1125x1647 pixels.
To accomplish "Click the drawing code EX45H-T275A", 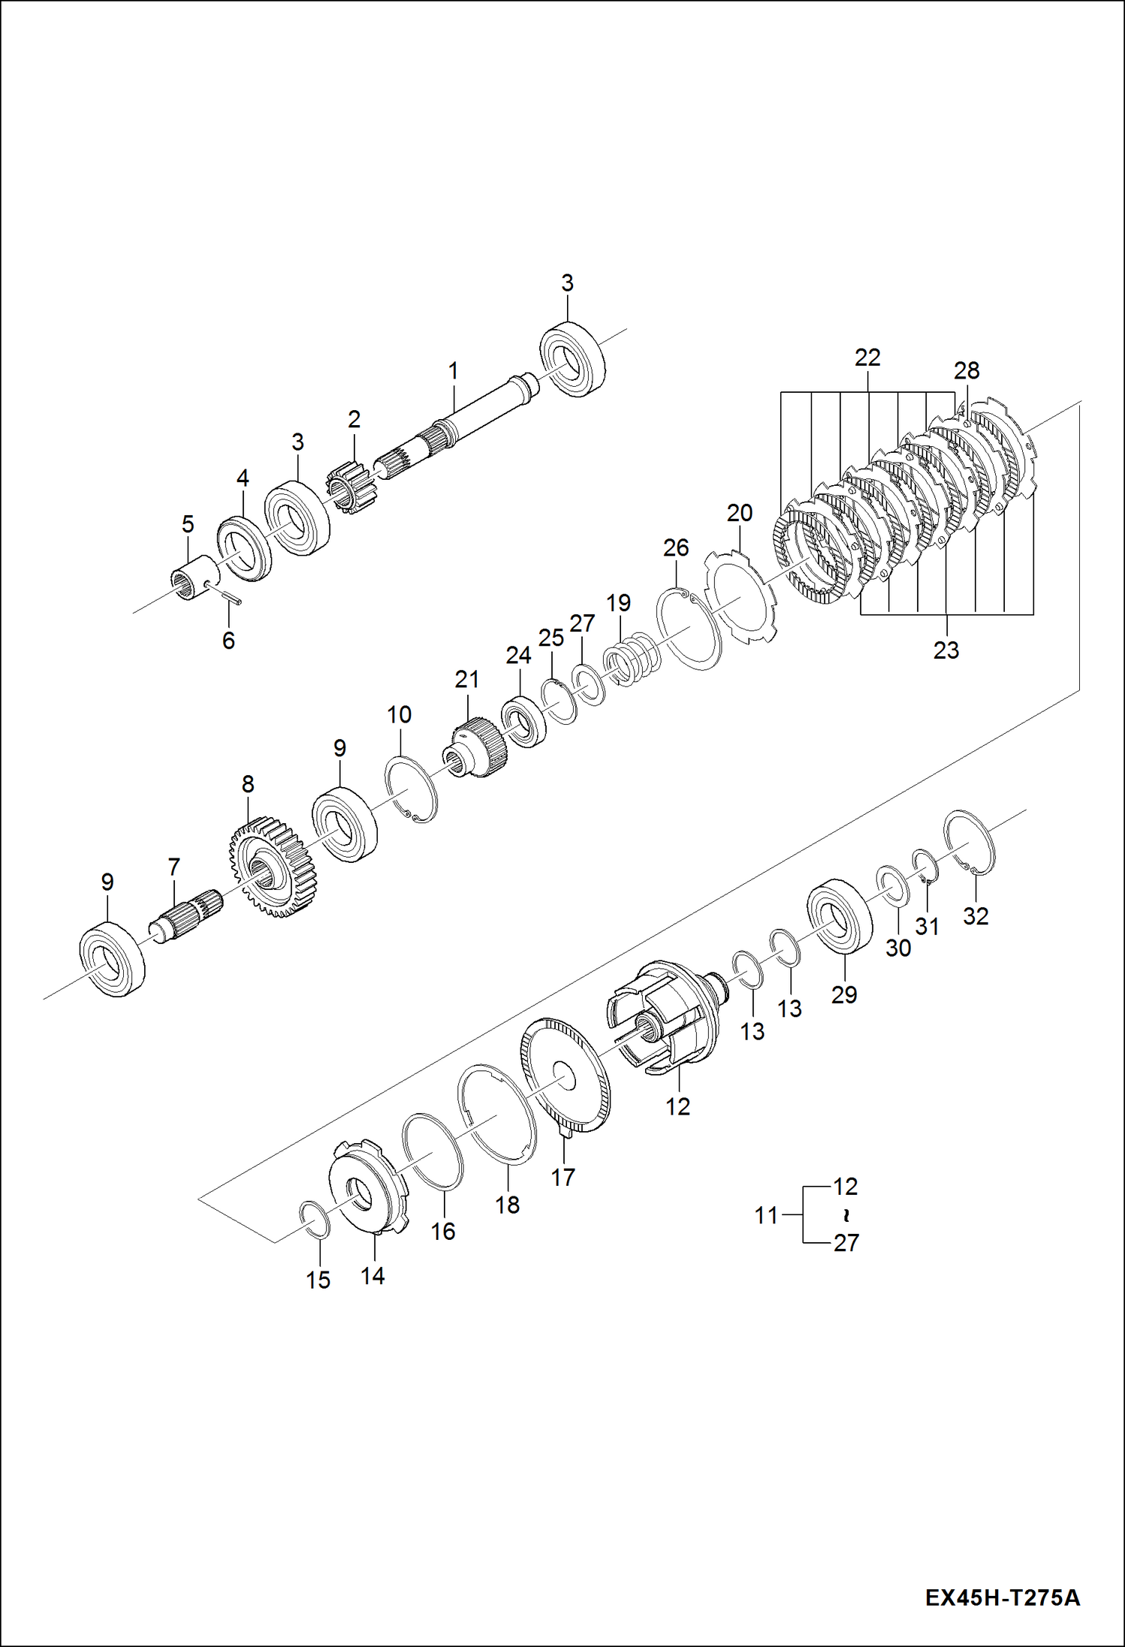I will (1002, 1597).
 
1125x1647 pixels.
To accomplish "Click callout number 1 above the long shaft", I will (453, 371).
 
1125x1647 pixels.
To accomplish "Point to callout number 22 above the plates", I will (867, 357).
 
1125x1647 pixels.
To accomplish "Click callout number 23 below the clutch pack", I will (946, 650).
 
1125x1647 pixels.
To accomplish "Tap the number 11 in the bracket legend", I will (766, 1215).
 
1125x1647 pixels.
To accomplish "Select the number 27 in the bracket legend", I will (846, 1243).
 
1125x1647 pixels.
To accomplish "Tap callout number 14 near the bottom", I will (372, 1275).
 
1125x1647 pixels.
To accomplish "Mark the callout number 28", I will (967, 370).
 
